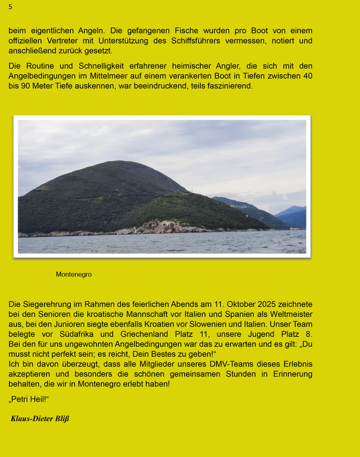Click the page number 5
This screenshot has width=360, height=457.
coord(10,7)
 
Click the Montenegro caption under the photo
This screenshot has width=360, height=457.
coord(74,274)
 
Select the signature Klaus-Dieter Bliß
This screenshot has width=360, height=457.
coord(40,419)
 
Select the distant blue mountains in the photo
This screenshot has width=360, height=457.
coord(292,216)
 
